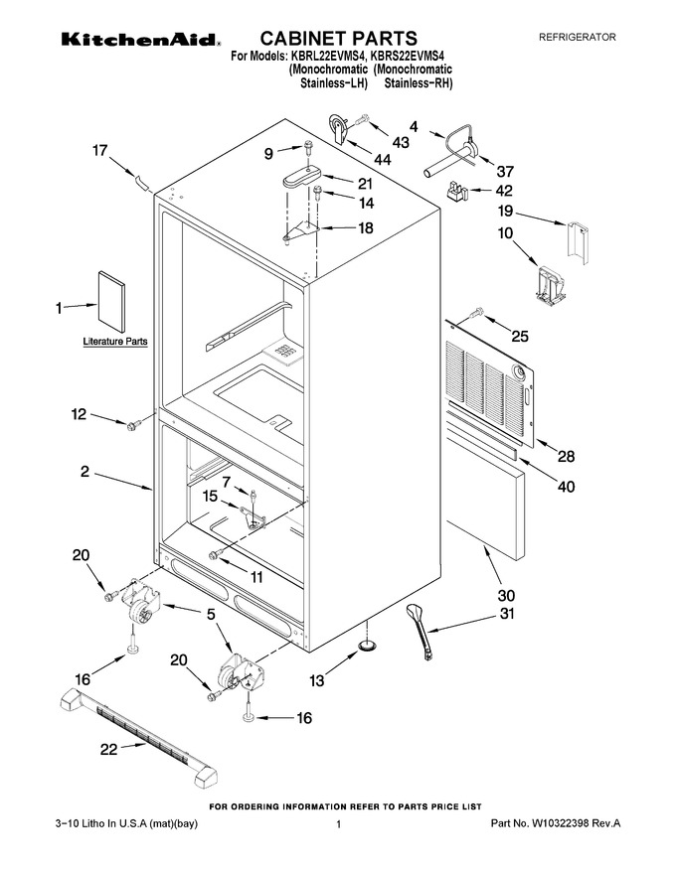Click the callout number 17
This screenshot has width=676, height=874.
99,151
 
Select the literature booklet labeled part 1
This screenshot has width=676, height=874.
111,302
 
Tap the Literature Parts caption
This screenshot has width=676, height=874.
115,341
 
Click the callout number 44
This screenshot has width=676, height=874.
382,160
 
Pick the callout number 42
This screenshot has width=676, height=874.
504,191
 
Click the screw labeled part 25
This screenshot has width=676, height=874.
476,314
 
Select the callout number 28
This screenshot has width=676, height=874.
566,457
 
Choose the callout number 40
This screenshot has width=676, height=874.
566,487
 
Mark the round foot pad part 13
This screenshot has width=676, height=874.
367,645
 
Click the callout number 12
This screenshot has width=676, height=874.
79,414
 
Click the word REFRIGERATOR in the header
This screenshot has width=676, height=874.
578,38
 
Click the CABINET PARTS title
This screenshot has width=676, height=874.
339,38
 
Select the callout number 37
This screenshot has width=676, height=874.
505,171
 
